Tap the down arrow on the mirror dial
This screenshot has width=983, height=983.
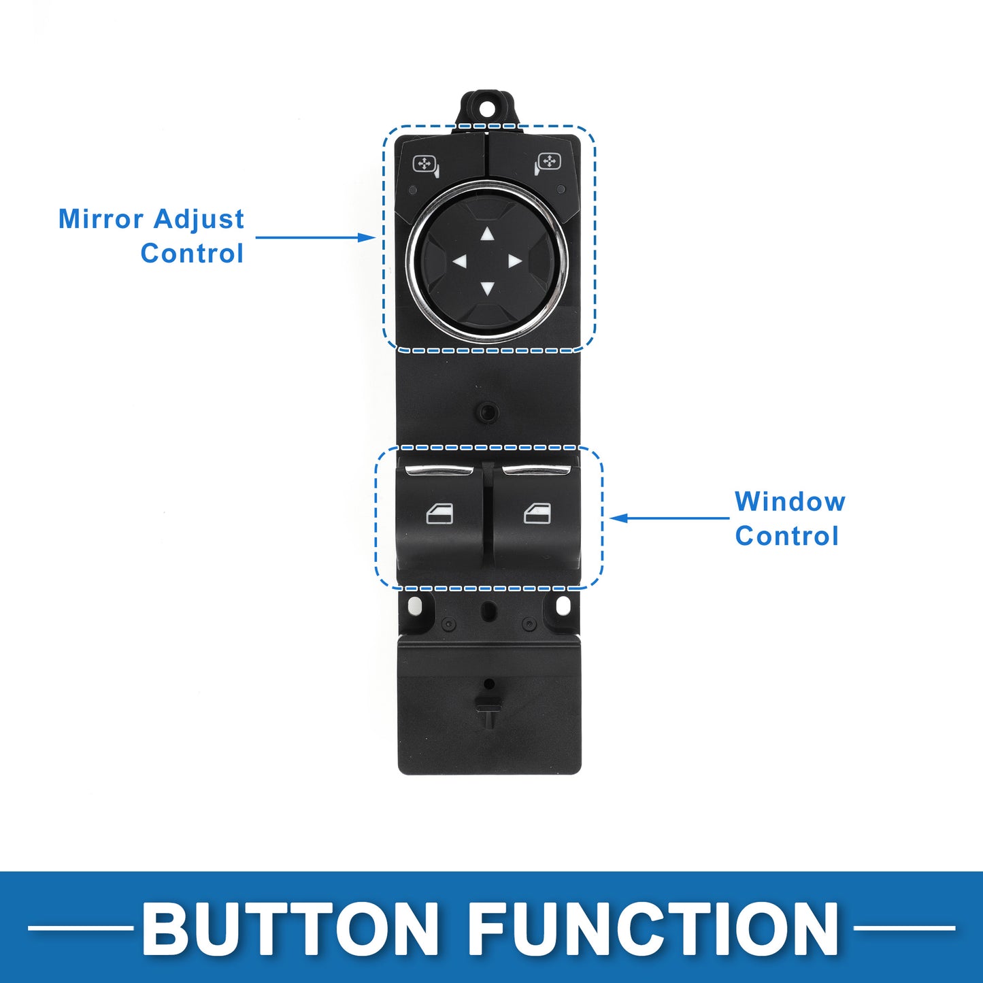tap(487, 289)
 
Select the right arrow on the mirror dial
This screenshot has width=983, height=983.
tap(515, 261)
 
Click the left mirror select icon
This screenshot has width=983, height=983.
tap(426, 165)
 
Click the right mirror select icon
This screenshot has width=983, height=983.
tap(548, 164)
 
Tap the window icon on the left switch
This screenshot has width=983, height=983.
tap(439, 514)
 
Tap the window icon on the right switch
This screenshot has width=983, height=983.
tap(537, 514)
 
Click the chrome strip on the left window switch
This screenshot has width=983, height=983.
tap(439, 470)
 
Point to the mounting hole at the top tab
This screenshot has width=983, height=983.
tap(486, 109)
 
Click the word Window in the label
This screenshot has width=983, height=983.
tap(790, 501)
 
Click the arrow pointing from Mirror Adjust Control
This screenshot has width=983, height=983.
tap(316, 237)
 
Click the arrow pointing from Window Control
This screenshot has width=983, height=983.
tap(670, 518)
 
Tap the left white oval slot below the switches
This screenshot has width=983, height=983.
tap(415, 606)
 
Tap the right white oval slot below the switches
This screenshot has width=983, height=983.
tap(563, 606)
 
